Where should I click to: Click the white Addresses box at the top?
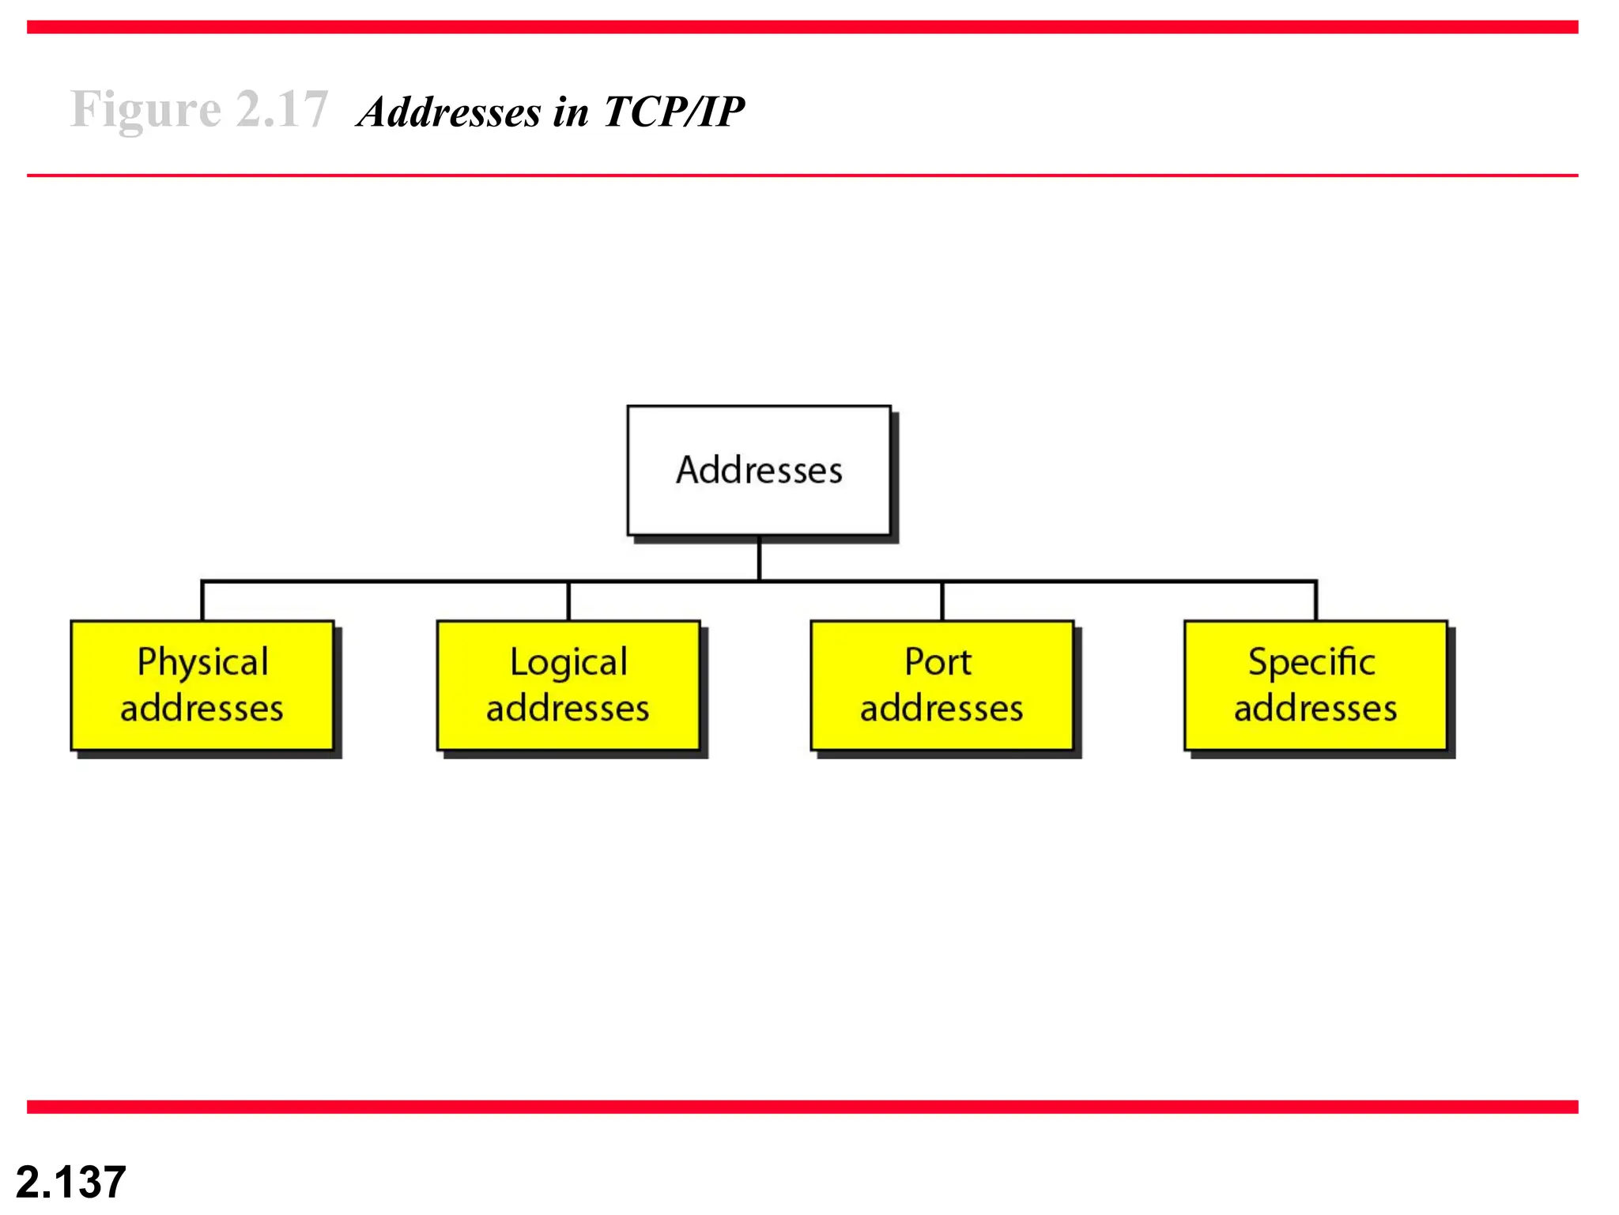(x=758, y=471)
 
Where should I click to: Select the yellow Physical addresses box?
(x=202, y=685)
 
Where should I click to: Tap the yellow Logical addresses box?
(x=568, y=685)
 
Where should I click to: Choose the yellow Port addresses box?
(x=942, y=685)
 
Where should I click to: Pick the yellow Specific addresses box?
(x=1315, y=685)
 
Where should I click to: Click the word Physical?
(x=202, y=663)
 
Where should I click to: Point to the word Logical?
(x=568, y=663)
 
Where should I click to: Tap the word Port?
(x=938, y=661)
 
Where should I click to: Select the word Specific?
(x=1311, y=663)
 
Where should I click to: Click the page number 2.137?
(x=71, y=1182)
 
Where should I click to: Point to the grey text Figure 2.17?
(x=198, y=109)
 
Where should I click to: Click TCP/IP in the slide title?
(x=674, y=112)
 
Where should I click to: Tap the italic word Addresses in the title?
(x=450, y=112)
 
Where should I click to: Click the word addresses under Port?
(x=942, y=708)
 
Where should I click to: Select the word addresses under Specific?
(x=1315, y=708)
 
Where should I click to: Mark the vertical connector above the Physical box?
(x=202, y=601)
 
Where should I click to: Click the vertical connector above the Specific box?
(x=1315, y=601)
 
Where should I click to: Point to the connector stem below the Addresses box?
(x=759, y=558)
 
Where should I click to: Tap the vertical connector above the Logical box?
(x=568, y=601)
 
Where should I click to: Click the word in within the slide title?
(x=571, y=112)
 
